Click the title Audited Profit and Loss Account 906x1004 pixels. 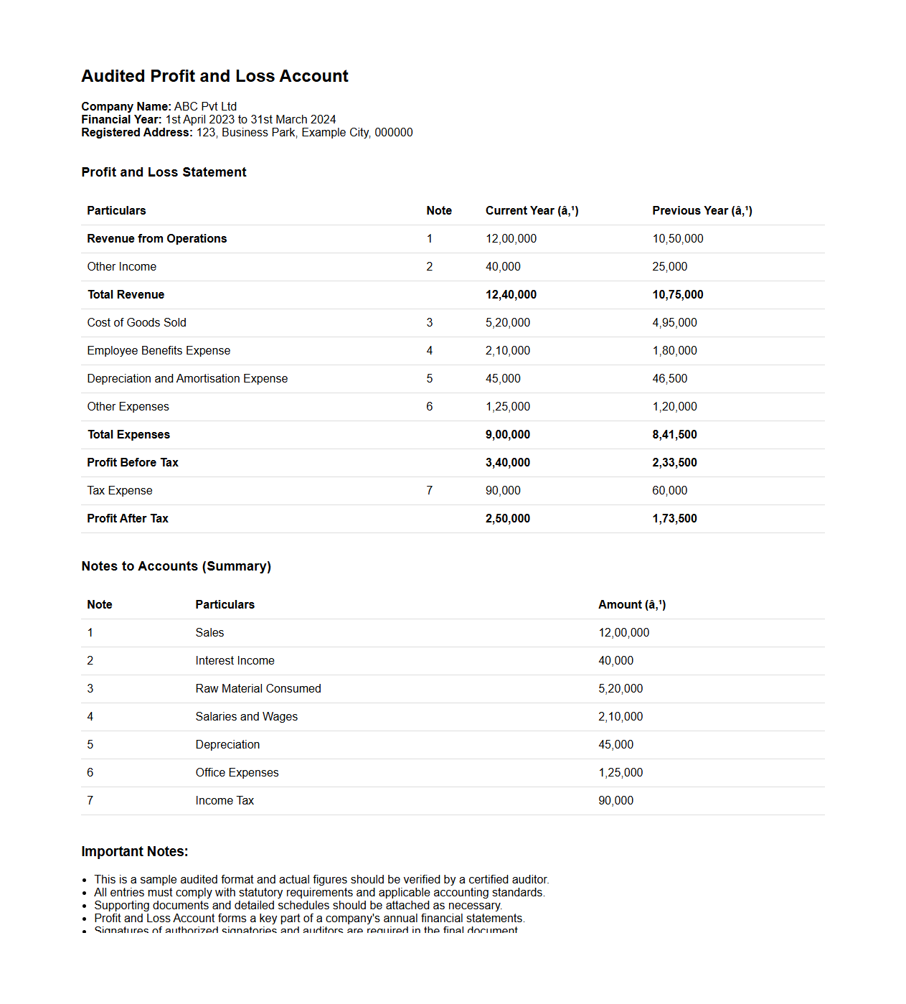pos(214,76)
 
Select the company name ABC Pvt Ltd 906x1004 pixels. pos(205,106)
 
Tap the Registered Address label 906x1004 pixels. pos(137,132)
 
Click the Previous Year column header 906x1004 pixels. pos(702,210)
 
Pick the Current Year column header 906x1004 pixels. pos(532,210)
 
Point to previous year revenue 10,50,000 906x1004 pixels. pos(677,238)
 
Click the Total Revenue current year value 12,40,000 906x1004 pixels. pos(511,294)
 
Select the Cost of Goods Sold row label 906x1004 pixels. pos(136,322)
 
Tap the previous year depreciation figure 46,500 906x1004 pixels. pos(669,378)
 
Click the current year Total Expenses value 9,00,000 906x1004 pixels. pos(507,434)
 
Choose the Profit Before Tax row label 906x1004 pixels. pos(133,462)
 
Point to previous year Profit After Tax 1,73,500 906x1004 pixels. pos(674,518)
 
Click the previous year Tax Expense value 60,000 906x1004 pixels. pos(669,490)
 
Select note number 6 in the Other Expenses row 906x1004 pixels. pos(429,406)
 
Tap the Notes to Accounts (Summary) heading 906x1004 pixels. pos(176,566)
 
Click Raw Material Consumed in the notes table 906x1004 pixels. pos(258,688)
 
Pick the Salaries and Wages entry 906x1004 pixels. pos(246,716)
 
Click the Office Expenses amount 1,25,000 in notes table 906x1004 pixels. pos(620,772)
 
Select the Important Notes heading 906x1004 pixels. pos(134,851)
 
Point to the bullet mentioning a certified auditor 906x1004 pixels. pos(321,879)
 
